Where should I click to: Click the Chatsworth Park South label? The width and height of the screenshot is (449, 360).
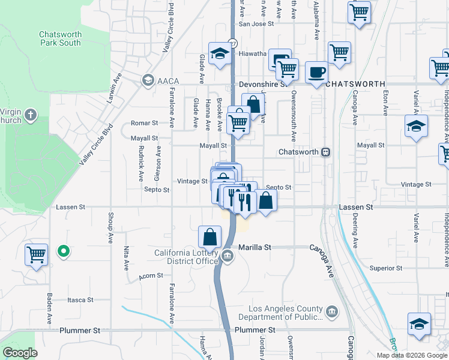coord(60,39)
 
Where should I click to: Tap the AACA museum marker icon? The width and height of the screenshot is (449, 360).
coord(147,80)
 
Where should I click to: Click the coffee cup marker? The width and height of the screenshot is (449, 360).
coord(317,73)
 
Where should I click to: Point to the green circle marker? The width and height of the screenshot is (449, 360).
coord(62,251)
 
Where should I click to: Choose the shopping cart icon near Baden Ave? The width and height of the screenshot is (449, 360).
coord(37,254)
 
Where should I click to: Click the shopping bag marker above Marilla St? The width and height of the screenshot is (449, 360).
coord(210,236)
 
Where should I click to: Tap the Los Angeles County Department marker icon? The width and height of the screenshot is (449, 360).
coord(332,311)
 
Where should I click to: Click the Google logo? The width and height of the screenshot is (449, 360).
coord(20,353)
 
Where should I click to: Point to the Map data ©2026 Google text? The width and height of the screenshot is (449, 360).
coord(412,355)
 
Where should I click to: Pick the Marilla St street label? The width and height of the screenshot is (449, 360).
coord(255,247)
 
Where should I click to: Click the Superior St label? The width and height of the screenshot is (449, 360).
coord(385,268)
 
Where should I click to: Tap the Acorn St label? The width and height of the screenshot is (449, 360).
coord(151,275)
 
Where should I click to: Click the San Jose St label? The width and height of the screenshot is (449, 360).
coord(256,24)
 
